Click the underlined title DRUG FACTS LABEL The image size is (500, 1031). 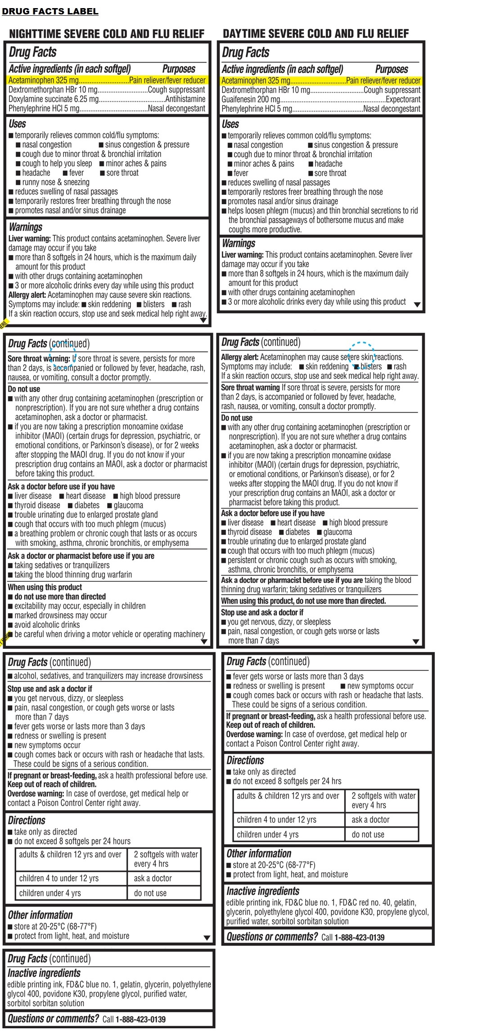[x=50, y=11]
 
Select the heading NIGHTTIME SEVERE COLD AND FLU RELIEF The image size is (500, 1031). [x=107, y=34]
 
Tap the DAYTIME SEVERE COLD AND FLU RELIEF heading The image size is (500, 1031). [x=315, y=34]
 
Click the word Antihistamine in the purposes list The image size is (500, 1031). [x=185, y=99]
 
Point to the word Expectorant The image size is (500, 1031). [x=403, y=100]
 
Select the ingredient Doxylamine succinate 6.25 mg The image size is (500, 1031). [x=54, y=99]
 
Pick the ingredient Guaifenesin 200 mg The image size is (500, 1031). [x=251, y=100]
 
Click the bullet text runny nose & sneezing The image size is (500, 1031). [x=56, y=182]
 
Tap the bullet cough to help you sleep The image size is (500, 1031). [x=57, y=164]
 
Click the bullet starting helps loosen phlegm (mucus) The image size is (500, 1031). [x=323, y=211]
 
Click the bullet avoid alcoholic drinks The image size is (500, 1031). [x=47, y=625]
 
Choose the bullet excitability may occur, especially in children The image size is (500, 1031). [x=80, y=606]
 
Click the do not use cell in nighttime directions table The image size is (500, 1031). [x=150, y=893]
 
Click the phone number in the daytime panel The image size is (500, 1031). [x=359, y=938]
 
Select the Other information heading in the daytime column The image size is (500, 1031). [x=259, y=854]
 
